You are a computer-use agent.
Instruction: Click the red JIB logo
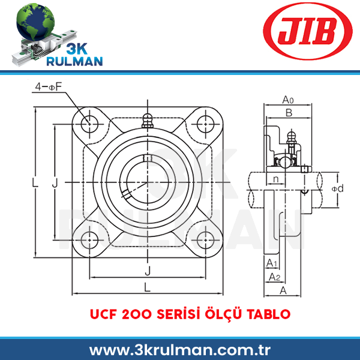tap(308, 31)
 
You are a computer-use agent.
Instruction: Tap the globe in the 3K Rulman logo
tap(35, 22)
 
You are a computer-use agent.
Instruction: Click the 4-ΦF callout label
tap(49, 87)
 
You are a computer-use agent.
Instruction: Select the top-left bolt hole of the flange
tap(89, 124)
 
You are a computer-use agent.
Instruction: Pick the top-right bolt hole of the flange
tap(205, 124)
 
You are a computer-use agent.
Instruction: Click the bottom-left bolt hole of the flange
tap(89, 240)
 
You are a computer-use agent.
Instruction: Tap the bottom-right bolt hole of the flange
tap(205, 240)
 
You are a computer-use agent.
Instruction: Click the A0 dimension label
tap(288, 100)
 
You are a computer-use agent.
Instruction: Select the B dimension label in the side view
tap(289, 113)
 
